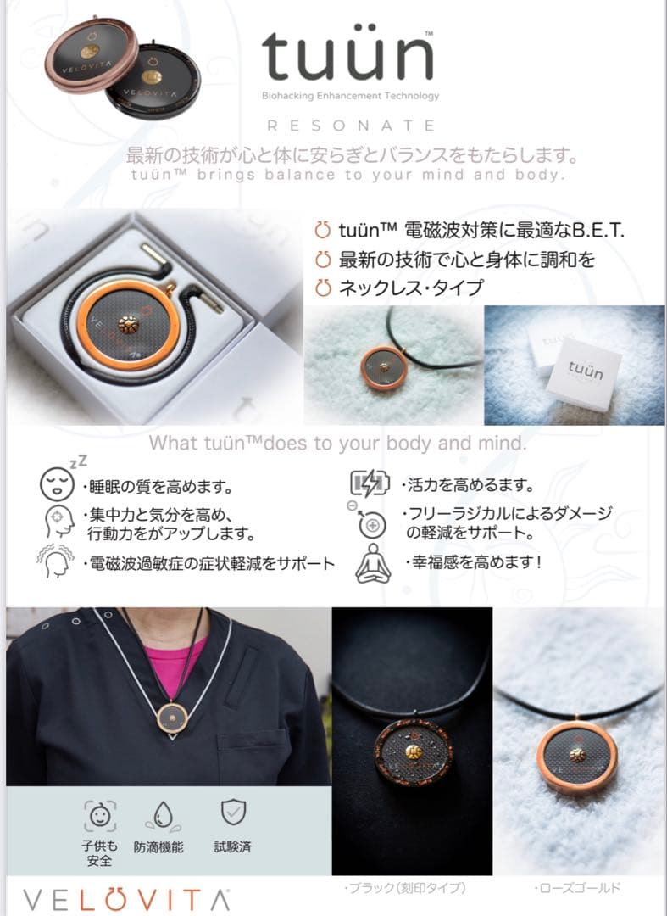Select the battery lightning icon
pos(370,483)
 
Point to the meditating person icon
pos(373,563)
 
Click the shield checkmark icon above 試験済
pos(233,812)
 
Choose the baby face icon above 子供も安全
pos(100,815)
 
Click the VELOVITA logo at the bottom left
pos(126,900)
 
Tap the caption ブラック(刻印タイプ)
pos(405,888)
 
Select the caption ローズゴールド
pos(576,888)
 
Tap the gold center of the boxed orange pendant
pos(128,324)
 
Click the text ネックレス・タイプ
pos(411,288)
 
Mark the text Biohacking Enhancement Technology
pos(350,96)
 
